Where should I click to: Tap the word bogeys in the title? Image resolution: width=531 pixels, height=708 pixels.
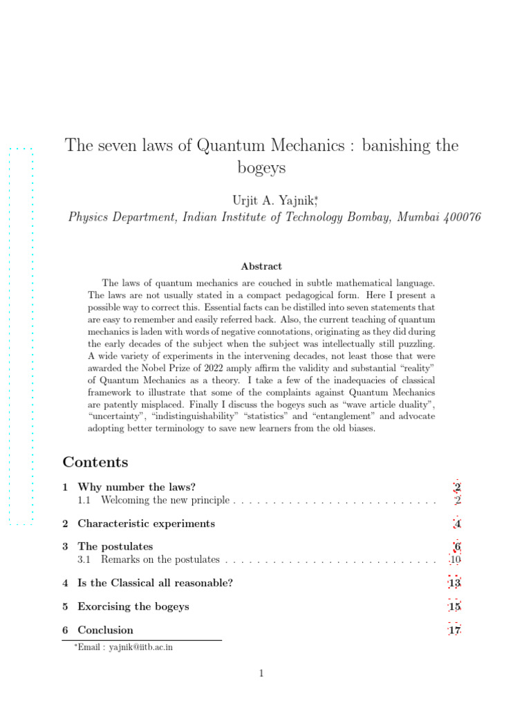[261, 168]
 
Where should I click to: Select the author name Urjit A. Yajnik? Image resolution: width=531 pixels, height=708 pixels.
[272, 200]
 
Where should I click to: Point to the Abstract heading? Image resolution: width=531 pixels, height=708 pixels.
[261, 266]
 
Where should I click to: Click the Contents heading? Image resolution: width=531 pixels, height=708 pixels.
[95, 462]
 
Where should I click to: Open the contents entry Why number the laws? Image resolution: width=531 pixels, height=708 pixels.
[141, 487]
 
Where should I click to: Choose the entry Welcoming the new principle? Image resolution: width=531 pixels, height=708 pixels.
[166, 499]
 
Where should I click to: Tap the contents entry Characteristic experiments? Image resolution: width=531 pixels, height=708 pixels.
[146, 523]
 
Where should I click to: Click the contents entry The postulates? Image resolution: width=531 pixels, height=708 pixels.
[115, 547]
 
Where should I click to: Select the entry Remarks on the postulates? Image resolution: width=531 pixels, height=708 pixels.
[160, 559]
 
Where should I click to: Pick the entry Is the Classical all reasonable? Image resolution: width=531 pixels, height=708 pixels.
[155, 583]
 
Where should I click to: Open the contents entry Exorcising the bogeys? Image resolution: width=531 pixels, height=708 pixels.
[133, 606]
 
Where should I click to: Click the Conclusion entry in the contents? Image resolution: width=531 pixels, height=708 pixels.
[105, 630]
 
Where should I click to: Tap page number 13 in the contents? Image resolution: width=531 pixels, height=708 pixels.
[454, 583]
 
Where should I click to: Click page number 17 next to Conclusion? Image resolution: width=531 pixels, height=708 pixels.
[454, 630]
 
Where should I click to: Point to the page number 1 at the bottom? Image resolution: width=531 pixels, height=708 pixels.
[262, 673]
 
